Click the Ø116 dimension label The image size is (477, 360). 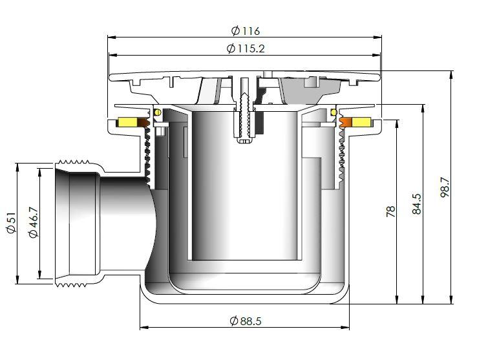[x=245, y=30]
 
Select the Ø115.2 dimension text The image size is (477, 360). [x=246, y=48]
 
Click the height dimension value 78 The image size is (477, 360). [x=391, y=211]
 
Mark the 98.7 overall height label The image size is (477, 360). [x=445, y=187]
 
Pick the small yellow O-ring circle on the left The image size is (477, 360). [x=155, y=113]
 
